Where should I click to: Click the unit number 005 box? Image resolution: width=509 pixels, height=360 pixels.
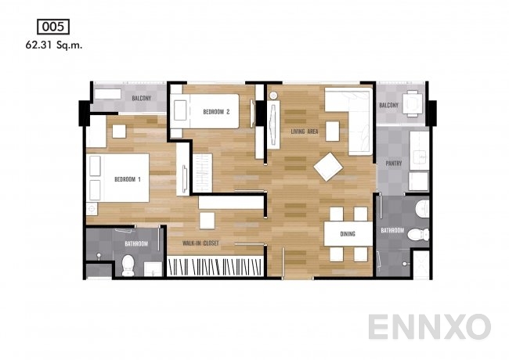(x=53, y=27)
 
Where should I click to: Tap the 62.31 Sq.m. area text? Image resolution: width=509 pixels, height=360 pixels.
(x=54, y=45)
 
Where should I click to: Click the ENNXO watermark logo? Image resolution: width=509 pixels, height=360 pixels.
(x=429, y=326)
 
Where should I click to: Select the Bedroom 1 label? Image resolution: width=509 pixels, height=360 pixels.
(x=128, y=179)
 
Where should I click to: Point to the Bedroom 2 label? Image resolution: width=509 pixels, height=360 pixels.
(x=216, y=112)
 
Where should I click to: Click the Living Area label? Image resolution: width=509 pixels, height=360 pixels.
(x=305, y=131)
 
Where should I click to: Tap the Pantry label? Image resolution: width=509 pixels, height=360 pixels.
(x=394, y=163)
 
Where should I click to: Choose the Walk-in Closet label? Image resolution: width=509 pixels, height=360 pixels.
(x=200, y=243)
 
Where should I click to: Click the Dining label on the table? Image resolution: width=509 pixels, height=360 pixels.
(x=348, y=233)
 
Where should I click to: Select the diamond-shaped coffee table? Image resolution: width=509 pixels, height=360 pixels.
(x=328, y=167)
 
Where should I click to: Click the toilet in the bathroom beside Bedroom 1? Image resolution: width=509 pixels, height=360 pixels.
(x=128, y=265)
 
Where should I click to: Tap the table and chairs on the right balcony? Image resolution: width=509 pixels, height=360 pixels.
(x=413, y=103)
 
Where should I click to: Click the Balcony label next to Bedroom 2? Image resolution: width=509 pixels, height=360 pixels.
(x=142, y=98)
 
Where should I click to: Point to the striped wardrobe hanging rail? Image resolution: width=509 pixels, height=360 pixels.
(x=215, y=266)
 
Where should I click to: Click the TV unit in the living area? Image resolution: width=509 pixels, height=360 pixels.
(x=273, y=124)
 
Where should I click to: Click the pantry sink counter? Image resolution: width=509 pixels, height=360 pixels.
(x=419, y=150)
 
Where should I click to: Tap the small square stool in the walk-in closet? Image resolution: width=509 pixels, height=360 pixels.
(x=207, y=221)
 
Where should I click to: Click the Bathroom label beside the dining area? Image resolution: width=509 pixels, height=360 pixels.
(x=392, y=230)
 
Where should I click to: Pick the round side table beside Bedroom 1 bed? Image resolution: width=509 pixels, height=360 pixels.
(x=92, y=209)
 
